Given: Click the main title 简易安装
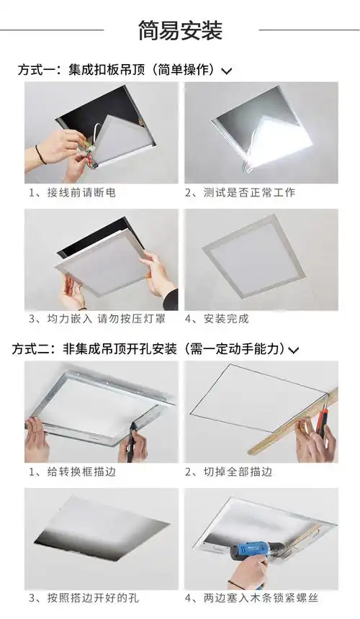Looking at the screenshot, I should coord(180,30).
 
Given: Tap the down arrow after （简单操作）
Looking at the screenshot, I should coord(227,71).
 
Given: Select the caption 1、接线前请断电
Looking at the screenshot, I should coord(71,193).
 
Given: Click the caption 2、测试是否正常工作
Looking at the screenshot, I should coord(240,193).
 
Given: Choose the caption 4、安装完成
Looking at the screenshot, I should coord(217,318).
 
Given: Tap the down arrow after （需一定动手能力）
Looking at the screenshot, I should coord(294,351).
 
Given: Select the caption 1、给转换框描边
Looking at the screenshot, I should coord(71,472).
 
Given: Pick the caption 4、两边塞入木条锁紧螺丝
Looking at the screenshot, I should coord(251,597).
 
